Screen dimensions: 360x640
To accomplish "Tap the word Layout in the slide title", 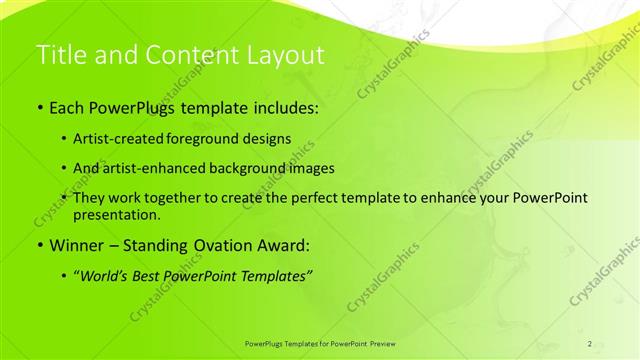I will pyautogui.click(x=281, y=56).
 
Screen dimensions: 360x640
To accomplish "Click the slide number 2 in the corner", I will pyautogui.click(x=590, y=343).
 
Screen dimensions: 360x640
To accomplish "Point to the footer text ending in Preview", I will pyautogui.click(x=320, y=343).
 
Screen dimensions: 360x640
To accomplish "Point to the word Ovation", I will pyautogui.click(x=219, y=244).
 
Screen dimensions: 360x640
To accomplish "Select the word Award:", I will pyautogui.click(x=282, y=244).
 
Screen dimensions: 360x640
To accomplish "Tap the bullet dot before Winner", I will pyautogui.click(x=39, y=244).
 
